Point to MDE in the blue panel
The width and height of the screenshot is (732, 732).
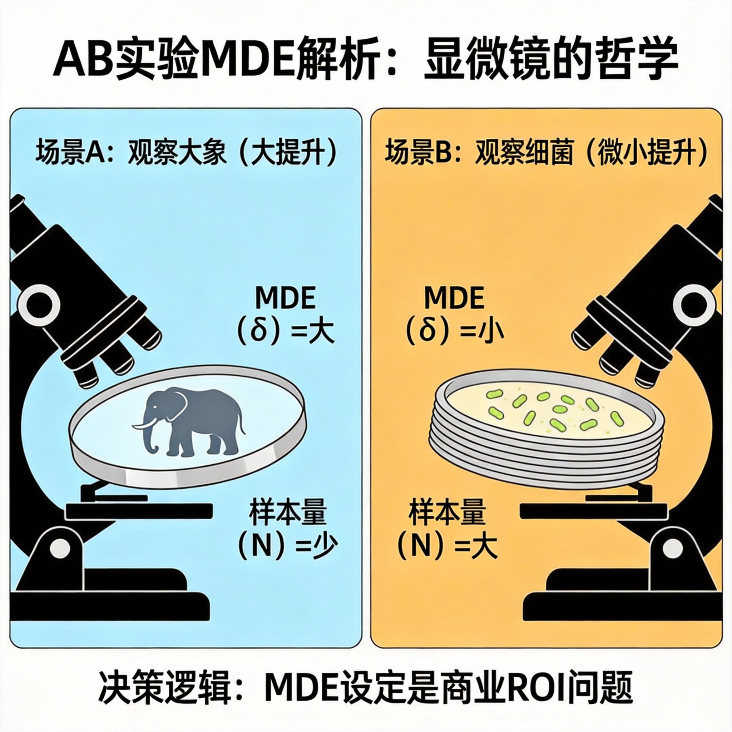tap(285, 298)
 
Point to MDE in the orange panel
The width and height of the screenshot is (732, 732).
tap(454, 298)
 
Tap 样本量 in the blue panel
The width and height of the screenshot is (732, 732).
tap(288, 513)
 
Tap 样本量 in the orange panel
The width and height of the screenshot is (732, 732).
tap(447, 513)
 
